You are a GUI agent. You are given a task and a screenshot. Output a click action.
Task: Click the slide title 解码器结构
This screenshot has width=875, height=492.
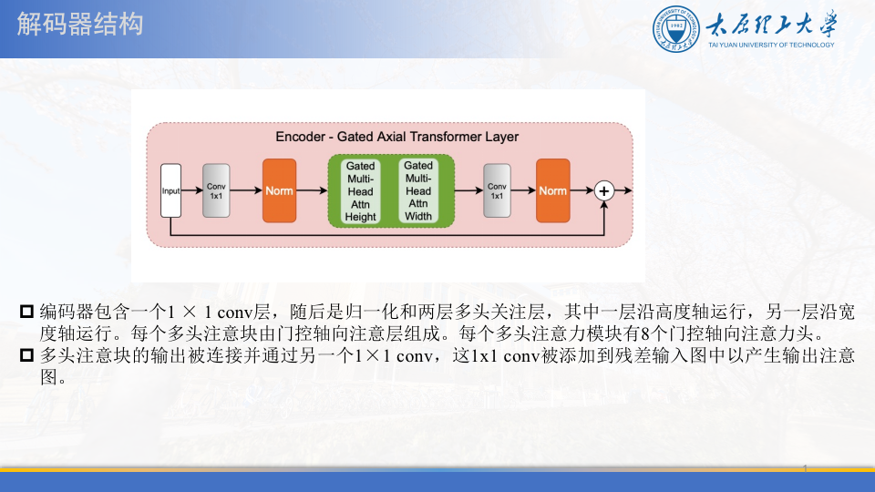[80, 25]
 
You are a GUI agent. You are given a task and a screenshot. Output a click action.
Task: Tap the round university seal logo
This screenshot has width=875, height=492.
[675, 29]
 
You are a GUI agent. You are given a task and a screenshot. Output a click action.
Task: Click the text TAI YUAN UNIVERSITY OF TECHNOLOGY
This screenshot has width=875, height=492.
[771, 45]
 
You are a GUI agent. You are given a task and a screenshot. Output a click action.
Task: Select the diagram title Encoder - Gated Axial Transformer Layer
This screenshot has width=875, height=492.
[396, 137]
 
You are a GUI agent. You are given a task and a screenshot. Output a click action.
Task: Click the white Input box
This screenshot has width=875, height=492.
[170, 190]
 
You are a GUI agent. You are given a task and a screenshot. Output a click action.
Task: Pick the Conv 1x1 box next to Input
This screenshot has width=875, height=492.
[216, 190]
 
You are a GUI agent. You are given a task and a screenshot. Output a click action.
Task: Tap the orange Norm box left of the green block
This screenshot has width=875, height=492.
[279, 190]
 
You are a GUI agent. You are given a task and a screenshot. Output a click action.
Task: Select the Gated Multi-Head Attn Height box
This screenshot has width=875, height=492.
[361, 191]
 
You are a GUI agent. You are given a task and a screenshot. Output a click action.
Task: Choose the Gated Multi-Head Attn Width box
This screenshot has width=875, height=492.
[418, 190]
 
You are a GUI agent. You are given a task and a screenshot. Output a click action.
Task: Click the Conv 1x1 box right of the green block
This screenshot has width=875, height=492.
[497, 190]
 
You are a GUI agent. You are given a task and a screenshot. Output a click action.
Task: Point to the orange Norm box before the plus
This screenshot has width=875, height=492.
[553, 190]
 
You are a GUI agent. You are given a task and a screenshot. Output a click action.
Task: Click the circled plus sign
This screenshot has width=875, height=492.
[603, 190]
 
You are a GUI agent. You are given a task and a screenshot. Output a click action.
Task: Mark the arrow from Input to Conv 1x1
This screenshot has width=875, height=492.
[192, 190]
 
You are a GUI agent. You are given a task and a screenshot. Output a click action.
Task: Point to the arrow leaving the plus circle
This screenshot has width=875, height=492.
[623, 190]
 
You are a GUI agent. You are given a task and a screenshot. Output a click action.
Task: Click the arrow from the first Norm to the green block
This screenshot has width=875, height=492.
[312, 190]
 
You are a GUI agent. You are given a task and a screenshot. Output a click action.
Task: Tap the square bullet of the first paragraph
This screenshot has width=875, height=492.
[26, 312]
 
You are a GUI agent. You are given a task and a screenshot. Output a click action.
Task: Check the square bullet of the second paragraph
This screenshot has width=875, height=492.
[26, 354]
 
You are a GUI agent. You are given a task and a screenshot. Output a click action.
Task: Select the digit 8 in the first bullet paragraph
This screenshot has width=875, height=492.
[645, 333]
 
